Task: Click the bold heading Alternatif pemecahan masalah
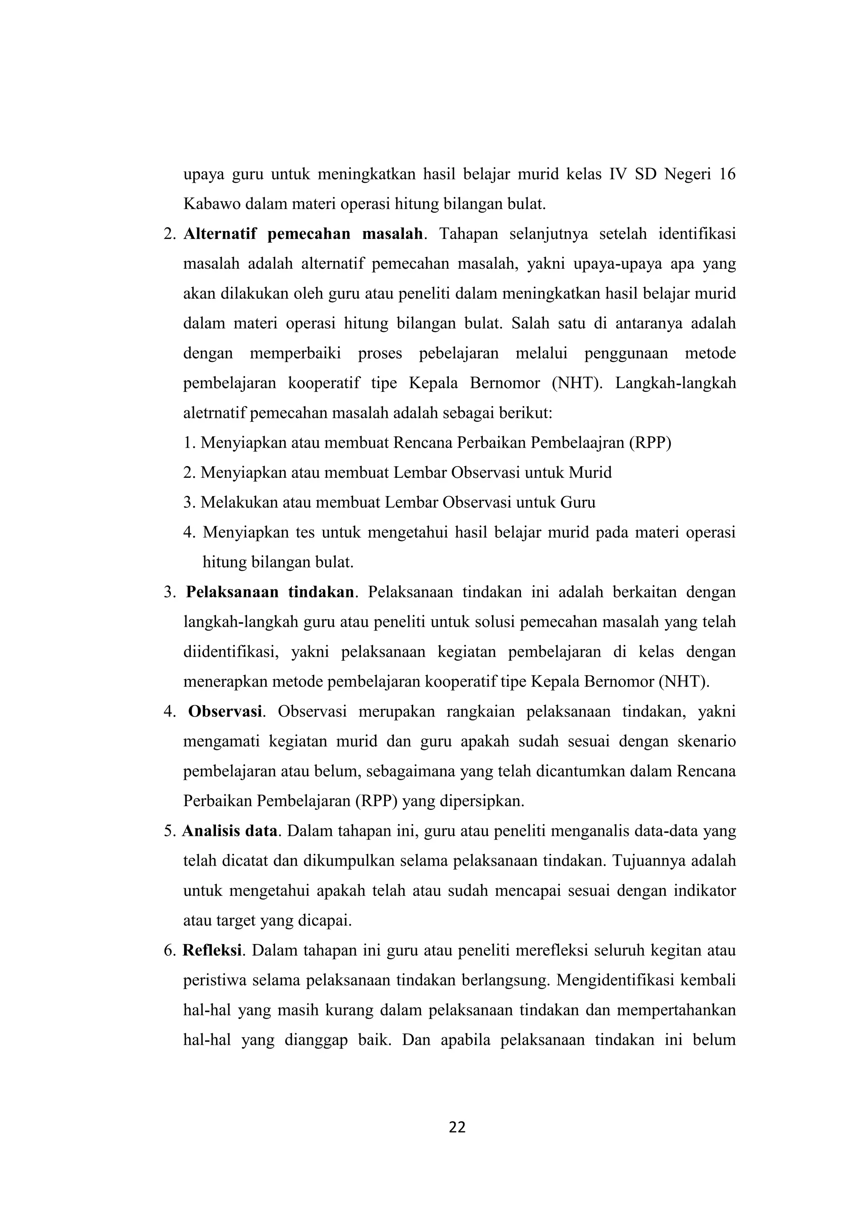click(x=303, y=234)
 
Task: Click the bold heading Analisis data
click(x=229, y=831)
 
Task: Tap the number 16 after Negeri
click(x=727, y=174)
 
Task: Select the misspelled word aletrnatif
click(x=214, y=413)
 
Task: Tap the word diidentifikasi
click(x=231, y=651)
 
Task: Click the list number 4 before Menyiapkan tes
click(x=189, y=532)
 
